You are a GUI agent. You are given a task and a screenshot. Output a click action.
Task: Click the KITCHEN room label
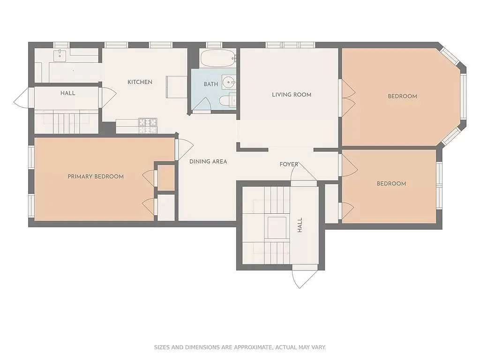pos(140,82)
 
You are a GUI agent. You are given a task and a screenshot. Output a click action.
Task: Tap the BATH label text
pos(210,84)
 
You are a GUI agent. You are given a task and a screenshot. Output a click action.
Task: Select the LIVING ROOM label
pos(292,95)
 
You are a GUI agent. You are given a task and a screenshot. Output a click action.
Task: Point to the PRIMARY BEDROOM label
pos(96,177)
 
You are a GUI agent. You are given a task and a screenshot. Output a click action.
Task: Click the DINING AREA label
pos(208,162)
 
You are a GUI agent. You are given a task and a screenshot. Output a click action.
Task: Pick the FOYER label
pos(289,164)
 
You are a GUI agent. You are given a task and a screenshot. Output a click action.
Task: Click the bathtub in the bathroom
pos(218,59)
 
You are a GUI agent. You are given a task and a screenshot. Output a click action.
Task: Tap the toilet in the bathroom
pos(229,100)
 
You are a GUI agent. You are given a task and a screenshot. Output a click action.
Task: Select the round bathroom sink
pos(229,83)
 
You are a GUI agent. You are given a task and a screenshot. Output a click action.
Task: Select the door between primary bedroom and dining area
pos(184,149)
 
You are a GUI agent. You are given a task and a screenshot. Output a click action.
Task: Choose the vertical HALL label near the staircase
pos(300,225)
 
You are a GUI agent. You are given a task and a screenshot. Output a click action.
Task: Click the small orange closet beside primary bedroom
pos(166,178)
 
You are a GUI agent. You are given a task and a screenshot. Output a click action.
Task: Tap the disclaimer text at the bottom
pos(240,347)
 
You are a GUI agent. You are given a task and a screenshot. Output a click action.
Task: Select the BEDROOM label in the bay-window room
pos(402,96)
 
